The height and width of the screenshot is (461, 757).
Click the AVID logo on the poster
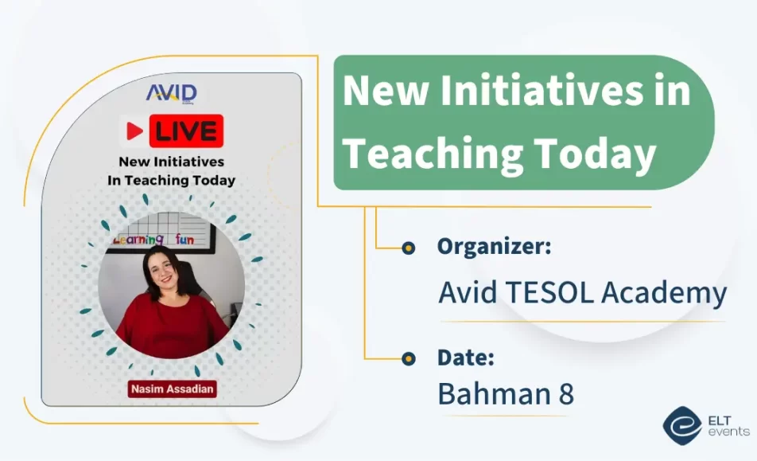(171, 93)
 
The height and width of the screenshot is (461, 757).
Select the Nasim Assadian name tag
(171, 389)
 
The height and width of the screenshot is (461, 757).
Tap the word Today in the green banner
(600, 151)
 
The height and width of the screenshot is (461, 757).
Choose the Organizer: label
(494, 246)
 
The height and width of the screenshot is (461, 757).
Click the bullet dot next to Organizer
(408, 248)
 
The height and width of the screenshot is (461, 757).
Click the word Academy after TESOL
(664, 293)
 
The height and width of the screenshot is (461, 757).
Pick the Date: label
(466, 357)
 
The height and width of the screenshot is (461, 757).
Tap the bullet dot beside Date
(408, 358)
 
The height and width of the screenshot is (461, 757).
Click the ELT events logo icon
(679, 426)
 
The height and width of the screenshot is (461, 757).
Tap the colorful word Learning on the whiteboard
(138, 239)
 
